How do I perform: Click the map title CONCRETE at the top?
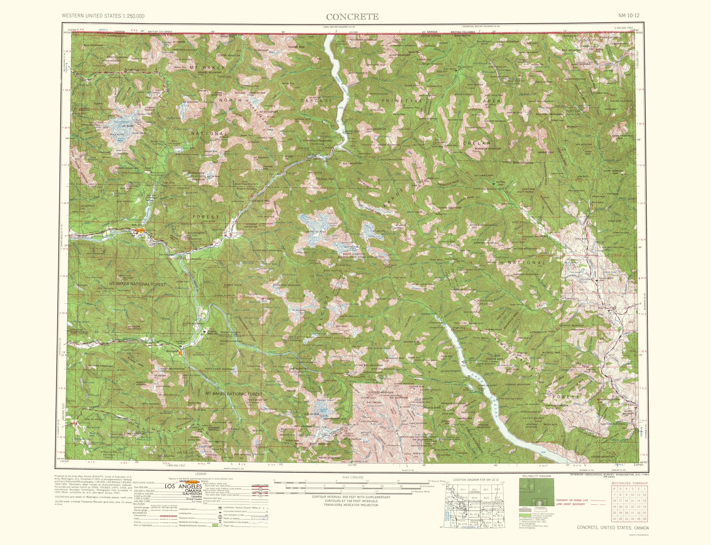click(x=352, y=17)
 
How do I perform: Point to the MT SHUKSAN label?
click(x=190, y=102)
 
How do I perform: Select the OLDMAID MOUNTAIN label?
click(x=517, y=384)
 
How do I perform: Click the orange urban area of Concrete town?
click(x=140, y=231)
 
